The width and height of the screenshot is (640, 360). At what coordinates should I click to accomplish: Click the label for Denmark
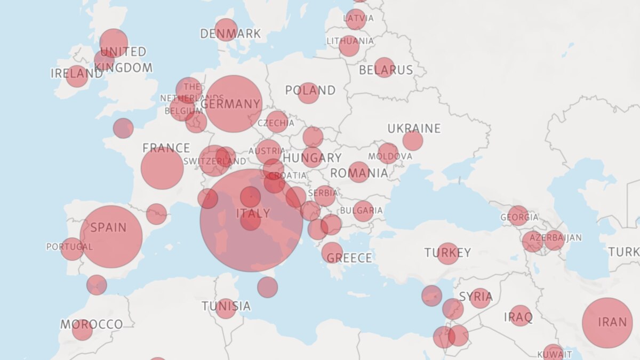(230, 34)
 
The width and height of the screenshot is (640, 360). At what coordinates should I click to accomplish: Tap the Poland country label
(310, 90)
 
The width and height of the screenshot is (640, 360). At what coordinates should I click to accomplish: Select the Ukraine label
(414, 129)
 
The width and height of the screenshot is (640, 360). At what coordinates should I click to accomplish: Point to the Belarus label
(386, 70)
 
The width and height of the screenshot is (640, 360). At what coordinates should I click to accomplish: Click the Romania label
(359, 173)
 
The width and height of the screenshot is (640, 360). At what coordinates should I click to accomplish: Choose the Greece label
(349, 258)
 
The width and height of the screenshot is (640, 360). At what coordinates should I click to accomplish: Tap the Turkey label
(447, 253)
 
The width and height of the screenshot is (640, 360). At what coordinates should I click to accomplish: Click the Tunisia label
(226, 306)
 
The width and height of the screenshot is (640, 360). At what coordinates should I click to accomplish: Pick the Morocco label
(91, 324)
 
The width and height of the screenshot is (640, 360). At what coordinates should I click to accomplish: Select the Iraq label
(518, 318)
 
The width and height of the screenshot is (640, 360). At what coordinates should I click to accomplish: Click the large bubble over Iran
(607, 323)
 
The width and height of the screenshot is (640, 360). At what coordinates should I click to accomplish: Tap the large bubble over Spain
(111, 237)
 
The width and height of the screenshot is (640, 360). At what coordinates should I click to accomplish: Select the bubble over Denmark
(226, 29)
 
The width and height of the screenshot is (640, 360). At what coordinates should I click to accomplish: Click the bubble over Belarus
(384, 67)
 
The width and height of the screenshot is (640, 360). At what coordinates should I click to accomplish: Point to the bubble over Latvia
(355, 19)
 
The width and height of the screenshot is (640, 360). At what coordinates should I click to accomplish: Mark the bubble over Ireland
(77, 76)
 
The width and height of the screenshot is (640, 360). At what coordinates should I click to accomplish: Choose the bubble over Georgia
(518, 215)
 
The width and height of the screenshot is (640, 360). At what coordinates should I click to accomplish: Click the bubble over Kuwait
(553, 353)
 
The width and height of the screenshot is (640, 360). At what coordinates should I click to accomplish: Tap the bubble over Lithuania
(349, 45)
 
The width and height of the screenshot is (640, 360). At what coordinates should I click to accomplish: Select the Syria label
(476, 297)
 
